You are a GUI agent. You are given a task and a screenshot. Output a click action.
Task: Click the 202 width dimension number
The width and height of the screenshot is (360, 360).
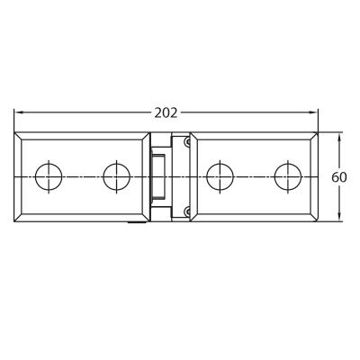pyautogui.click(x=166, y=113)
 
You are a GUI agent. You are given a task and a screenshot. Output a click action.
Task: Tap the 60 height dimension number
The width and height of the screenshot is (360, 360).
pyautogui.click(x=339, y=177)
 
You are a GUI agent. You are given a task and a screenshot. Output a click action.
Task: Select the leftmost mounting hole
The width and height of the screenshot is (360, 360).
pyautogui.click(x=49, y=177)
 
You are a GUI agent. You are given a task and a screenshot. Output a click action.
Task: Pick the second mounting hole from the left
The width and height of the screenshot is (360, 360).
pyautogui.click(x=117, y=177)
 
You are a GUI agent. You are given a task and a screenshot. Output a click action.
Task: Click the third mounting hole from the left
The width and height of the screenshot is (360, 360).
pyautogui.click(x=220, y=177)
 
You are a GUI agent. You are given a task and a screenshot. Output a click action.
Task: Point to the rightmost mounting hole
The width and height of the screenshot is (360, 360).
pyautogui.click(x=288, y=177)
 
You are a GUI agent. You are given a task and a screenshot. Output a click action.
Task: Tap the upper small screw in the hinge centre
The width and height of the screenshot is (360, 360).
pyautogui.click(x=187, y=142)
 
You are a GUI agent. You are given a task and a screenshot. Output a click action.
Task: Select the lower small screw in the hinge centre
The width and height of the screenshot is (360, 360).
pyautogui.click(x=187, y=211)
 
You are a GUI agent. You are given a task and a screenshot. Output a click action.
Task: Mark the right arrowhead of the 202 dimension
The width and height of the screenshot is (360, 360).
pyautogui.click(x=313, y=112)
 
